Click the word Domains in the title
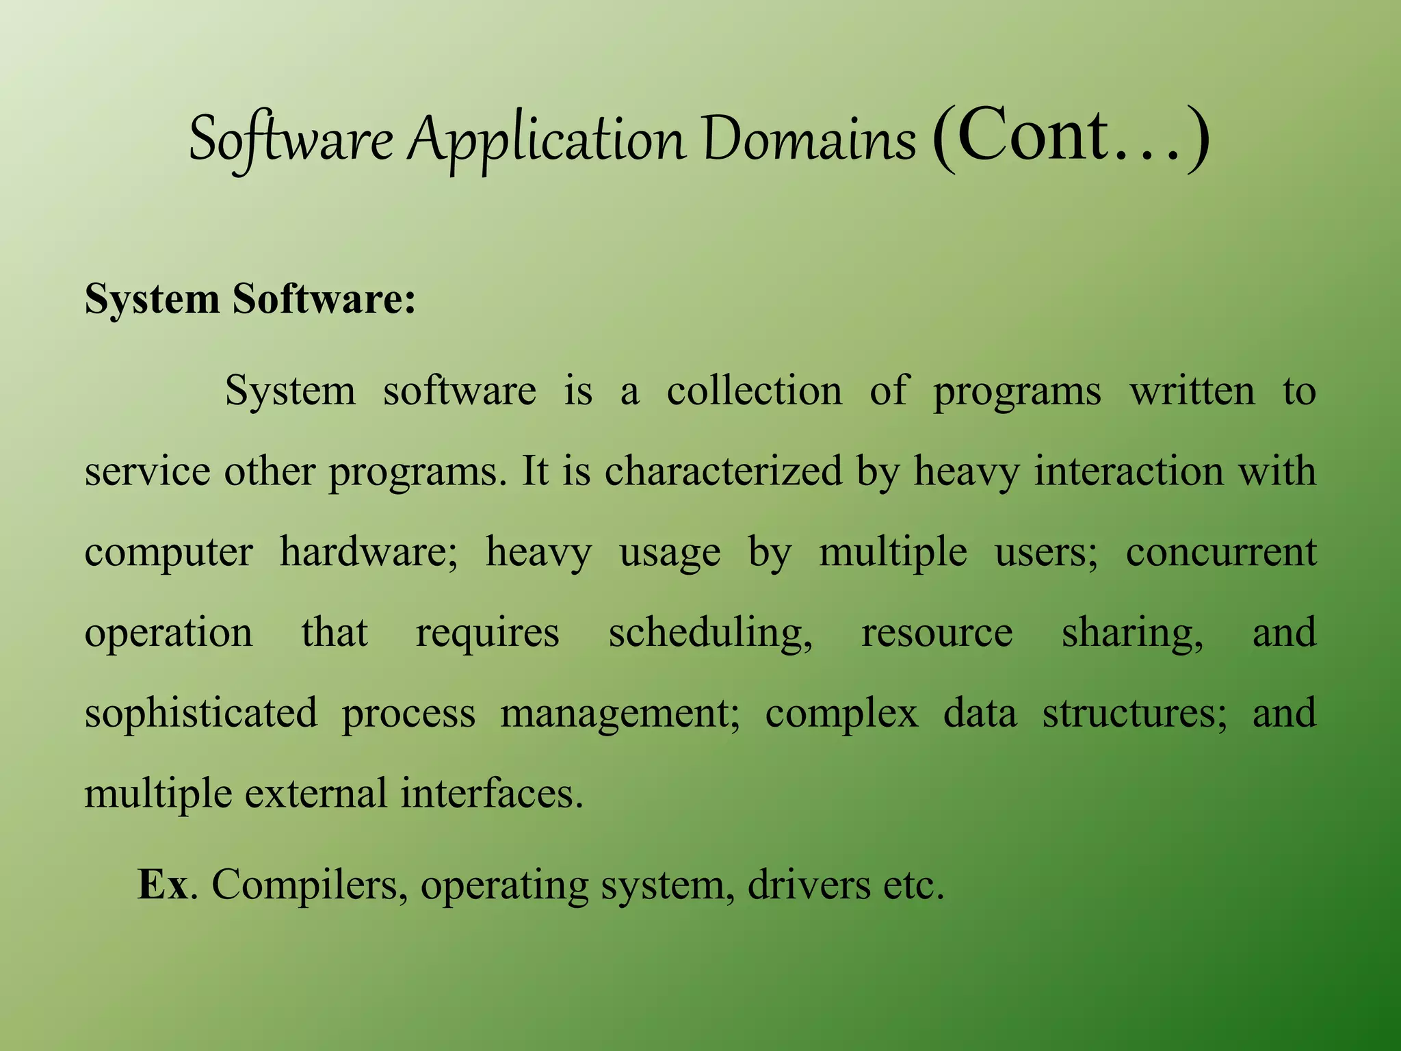[x=809, y=139]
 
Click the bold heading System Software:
[x=250, y=299]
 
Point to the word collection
[x=755, y=391]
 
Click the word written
[x=1192, y=391]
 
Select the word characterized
[x=724, y=471]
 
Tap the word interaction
[x=1129, y=471]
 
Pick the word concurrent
[x=1221, y=553]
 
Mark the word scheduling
[x=710, y=633]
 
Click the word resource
[x=937, y=633]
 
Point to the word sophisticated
[x=201, y=714]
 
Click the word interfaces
[x=491, y=794]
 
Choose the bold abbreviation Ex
[x=163, y=885]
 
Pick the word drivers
[x=809, y=885]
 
